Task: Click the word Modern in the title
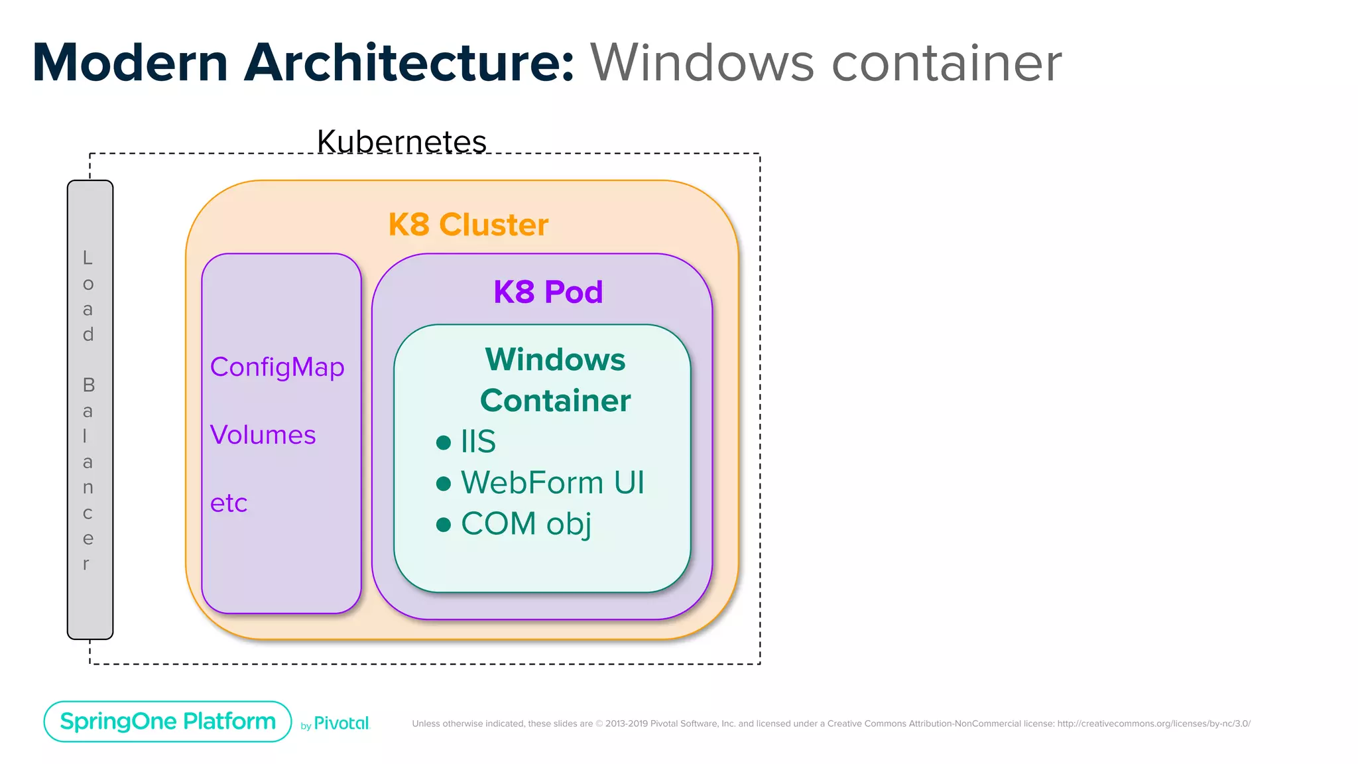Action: pos(130,63)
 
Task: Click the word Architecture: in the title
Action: pos(409,63)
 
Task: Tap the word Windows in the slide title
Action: pos(702,63)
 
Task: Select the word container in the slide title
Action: pos(946,63)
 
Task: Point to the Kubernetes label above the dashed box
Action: pos(402,141)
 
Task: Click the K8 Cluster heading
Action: pos(468,225)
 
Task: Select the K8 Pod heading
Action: pos(548,292)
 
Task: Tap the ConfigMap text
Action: pos(277,367)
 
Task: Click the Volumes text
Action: pos(263,435)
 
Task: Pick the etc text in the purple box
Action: pos(229,503)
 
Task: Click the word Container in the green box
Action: pos(555,401)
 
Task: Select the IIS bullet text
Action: pos(478,442)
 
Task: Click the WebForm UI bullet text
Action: pos(552,483)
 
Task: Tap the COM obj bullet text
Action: pos(526,524)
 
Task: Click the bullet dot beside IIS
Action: pos(444,442)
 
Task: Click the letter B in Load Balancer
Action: pos(88,385)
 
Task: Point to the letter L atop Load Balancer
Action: pos(88,257)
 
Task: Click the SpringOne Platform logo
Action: pos(168,722)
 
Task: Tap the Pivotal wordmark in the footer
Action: pos(341,724)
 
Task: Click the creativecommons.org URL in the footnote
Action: pos(1153,724)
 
